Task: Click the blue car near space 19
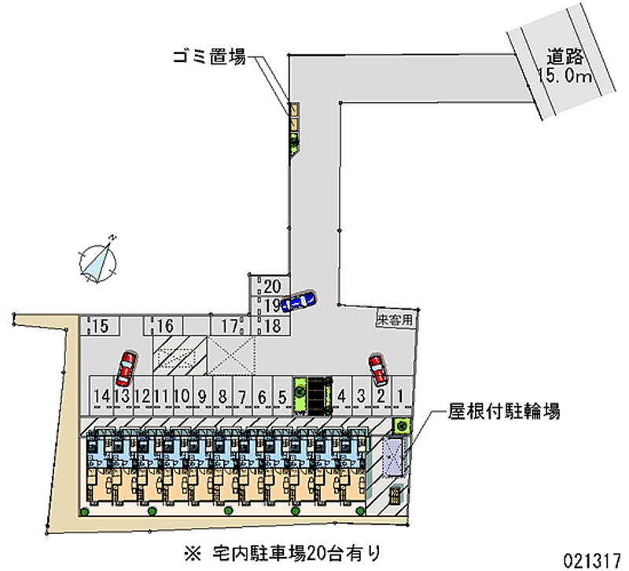299,301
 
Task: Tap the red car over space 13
127,368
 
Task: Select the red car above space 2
378,369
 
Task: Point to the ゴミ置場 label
209,57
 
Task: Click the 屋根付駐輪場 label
504,411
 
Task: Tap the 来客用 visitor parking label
395,320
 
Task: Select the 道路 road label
565,57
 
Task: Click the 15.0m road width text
565,75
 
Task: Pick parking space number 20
272,286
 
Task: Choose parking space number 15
101,326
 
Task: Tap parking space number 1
400,396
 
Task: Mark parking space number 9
202,397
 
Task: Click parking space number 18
272,326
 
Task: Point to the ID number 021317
593,561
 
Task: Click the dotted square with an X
232,355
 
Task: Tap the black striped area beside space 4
317,396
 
